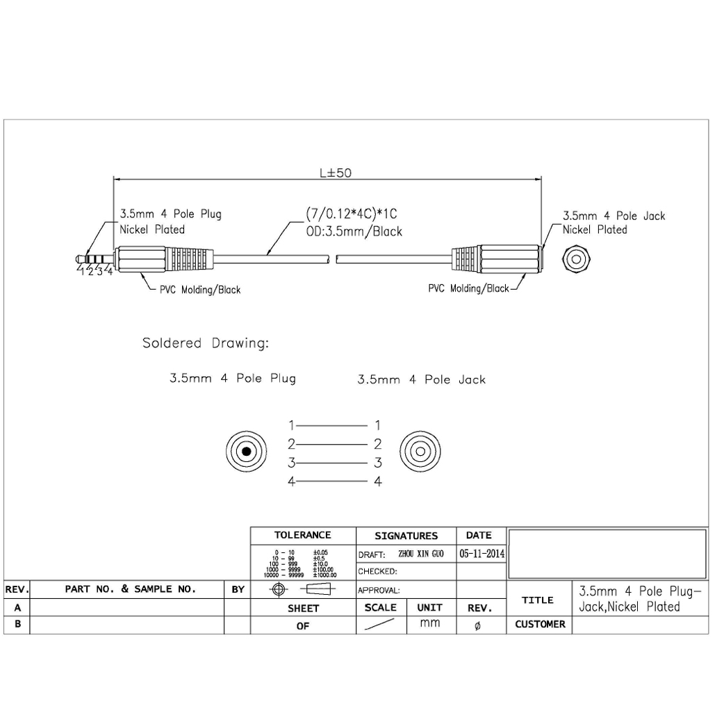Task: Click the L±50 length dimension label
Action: (336, 173)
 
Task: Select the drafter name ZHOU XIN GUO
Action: (421, 554)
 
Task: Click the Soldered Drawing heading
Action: (206, 343)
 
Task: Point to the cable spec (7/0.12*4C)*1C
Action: (352, 214)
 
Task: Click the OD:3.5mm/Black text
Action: (354, 231)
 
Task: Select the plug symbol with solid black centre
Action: (247, 452)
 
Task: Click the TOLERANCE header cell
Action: (302, 536)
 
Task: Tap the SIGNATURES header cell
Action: (406, 536)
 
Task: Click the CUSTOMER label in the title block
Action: (540, 624)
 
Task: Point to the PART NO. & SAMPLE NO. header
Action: (130, 589)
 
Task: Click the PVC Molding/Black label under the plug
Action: (201, 290)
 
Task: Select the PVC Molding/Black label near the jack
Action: (468, 288)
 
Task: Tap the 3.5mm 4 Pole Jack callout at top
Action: (614, 215)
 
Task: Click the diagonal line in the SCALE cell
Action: (380, 625)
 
